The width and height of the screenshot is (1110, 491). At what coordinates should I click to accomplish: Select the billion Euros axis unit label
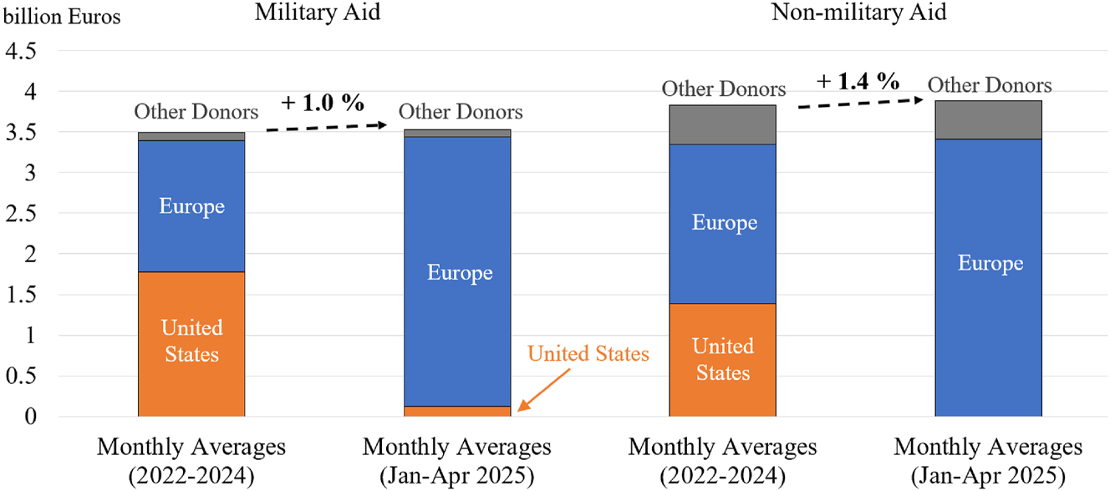pos(62,17)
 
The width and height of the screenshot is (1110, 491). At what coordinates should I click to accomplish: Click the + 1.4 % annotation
pos(858,81)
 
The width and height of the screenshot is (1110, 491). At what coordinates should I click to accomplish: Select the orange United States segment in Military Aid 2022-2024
pos(191,344)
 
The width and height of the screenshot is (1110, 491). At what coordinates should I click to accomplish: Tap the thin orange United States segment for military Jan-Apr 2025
pos(457,411)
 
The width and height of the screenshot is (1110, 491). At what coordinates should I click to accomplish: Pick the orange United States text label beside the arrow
pos(588,354)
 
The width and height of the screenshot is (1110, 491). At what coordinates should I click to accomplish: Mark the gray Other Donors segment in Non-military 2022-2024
pos(723,124)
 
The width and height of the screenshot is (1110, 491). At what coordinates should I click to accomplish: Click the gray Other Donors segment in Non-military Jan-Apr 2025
pos(989,119)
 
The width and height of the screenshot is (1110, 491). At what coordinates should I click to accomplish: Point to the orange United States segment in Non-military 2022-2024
pos(723,360)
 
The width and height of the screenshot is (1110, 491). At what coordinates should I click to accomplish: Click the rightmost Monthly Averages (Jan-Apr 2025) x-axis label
pos(989,461)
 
